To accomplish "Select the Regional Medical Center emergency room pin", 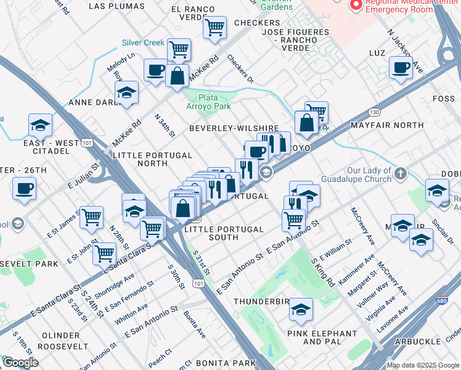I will (355, 5).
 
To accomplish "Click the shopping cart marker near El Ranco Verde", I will (214, 27).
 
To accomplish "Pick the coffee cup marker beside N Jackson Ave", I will (401, 68).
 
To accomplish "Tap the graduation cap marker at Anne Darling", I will (127, 92).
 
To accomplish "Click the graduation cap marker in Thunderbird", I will (301, 309).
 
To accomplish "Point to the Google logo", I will (20, 363).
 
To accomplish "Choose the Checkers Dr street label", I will (240, 69).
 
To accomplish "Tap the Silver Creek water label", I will (143, 43).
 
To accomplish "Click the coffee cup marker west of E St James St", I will (24, 188).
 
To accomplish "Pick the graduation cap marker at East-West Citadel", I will (40, 125).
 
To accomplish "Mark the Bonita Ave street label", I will (195, 325).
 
